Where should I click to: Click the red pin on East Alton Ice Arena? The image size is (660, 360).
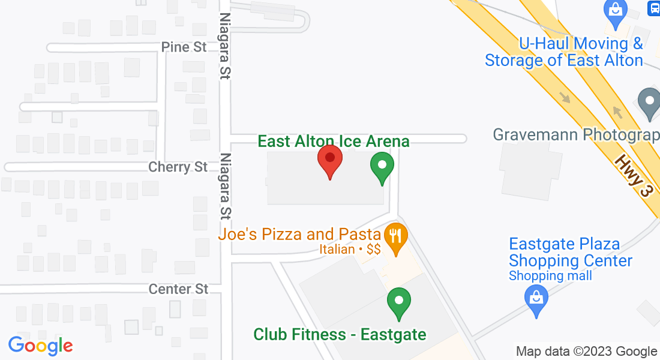pyautogui.click(x=329, y=160)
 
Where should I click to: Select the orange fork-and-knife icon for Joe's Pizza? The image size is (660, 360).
pyautogui.click(x=395, y=235)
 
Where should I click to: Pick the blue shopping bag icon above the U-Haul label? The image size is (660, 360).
pyautogui.click(x=616, y=10)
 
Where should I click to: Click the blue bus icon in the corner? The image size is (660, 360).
pyautogui.click(x=654, y=8)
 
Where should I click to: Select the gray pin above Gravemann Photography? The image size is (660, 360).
pyautogui.click(x=649, y=103)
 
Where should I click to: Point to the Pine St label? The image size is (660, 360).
pyautogui.click(x=184, y=47)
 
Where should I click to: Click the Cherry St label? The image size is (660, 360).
pyautogui.click(x=178, y=167)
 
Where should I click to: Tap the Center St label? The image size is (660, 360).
pyautogui.click(x=179, y=289)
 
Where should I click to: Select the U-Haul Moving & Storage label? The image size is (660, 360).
pyautogui.click(x=564, y=52)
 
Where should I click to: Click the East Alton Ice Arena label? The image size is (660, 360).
pyautogui.click(x=334, y=142)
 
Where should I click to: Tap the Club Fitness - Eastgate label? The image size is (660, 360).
pyautogui.click(x=340, y=334)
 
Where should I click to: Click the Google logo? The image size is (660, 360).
pyautogui.click(x=40, y=346)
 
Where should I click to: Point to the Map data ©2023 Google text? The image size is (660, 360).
pyautogui.click(x=587, y=352)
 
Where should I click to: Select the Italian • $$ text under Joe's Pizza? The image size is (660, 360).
pyautogui.click(x=350, y=249)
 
